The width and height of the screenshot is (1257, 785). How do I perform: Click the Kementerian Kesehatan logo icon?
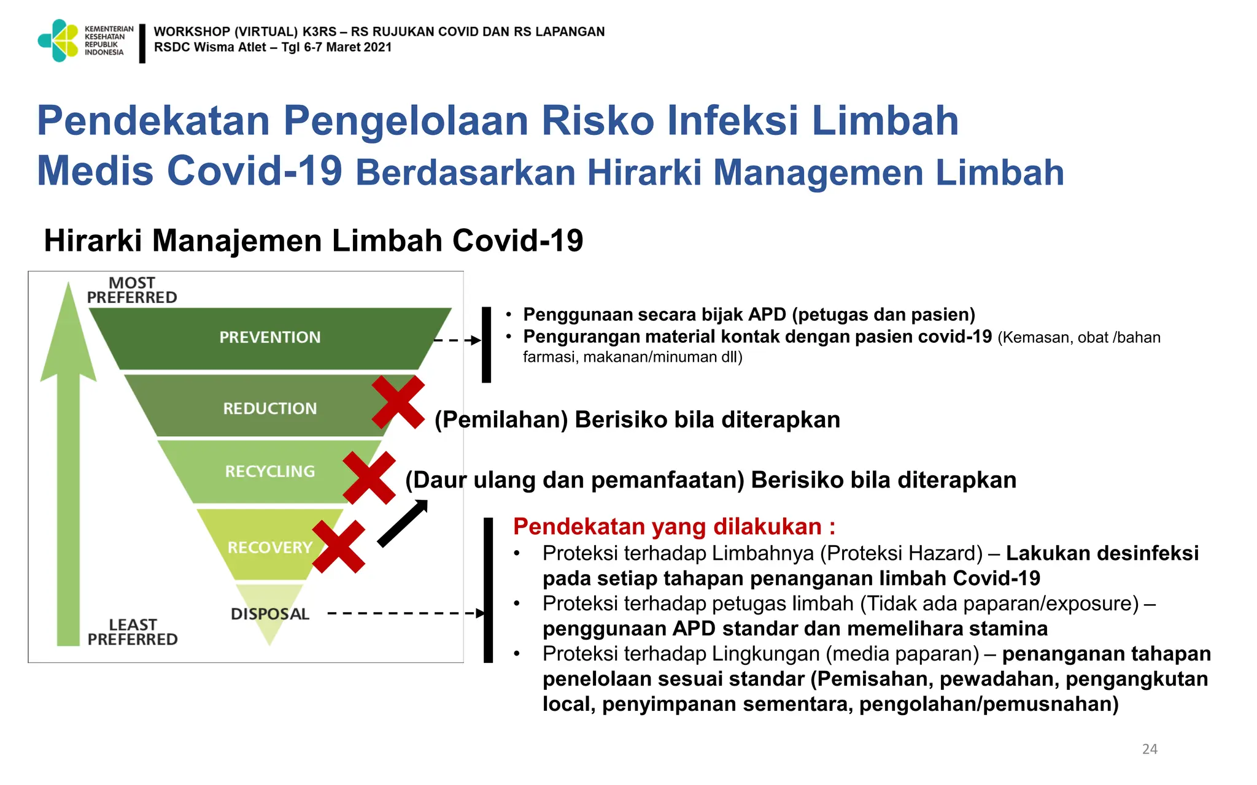tap(58, 40)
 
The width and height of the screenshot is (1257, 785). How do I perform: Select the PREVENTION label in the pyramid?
tap(270, 337)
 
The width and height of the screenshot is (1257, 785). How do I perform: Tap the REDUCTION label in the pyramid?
tap(270, 408)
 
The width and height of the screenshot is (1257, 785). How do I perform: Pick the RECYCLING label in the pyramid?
tap(270, 472)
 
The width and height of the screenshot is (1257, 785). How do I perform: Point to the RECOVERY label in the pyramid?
tap(270, 547)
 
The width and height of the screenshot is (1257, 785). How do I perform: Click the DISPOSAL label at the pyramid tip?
tap(270, 614)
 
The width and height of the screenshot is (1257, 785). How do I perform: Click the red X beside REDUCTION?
tap(398, 402)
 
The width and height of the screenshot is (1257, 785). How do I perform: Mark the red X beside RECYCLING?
tap(369, 478)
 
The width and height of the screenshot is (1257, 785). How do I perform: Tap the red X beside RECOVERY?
tap(339, 547)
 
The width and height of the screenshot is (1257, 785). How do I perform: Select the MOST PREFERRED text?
tap(132, 290)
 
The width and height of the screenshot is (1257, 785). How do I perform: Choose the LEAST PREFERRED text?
tap(133, 632)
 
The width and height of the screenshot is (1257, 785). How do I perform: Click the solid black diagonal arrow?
tap(403, 523)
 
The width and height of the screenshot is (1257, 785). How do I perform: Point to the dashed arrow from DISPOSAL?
tap(405, 613)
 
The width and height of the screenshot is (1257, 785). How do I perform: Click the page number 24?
tap(1150, 749)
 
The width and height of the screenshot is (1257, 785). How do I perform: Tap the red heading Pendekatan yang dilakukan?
tap(674, 527)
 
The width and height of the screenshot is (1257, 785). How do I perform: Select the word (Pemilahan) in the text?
tap(501, 420)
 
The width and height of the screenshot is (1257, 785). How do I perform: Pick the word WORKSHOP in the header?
tap(191, 31)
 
